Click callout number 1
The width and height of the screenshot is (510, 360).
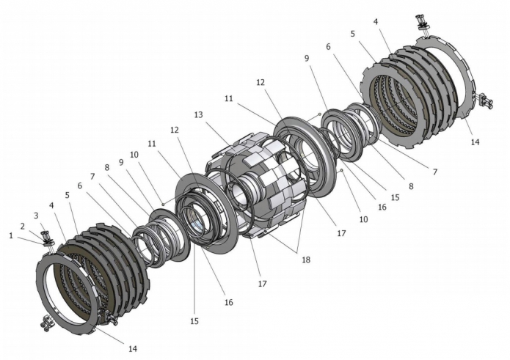point(11,235)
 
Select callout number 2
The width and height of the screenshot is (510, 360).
point(22,226)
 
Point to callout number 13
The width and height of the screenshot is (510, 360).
point(198,115)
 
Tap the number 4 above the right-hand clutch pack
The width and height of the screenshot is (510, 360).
point(376,22)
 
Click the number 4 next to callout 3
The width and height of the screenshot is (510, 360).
point(51,205)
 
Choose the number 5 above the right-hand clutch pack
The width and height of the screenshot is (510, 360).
point(353,34)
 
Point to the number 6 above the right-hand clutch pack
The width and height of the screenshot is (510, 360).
point(328,45)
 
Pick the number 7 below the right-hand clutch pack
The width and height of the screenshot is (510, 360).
point(434,172)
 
